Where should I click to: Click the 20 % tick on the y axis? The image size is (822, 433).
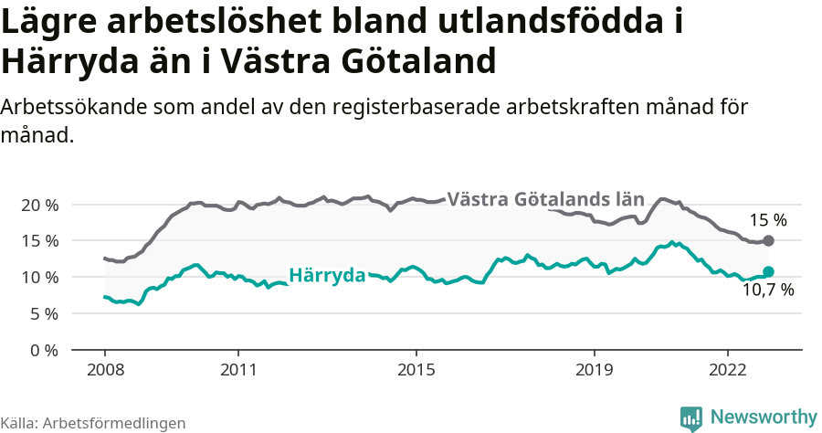pos(38,205)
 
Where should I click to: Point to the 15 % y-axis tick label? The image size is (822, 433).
pos(38,241)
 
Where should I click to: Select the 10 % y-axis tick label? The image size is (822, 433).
pos(38,278)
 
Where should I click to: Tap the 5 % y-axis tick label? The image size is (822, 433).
pos(43,314)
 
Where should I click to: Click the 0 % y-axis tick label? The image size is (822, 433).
pos(43,351)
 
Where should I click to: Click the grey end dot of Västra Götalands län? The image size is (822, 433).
pos(768,240)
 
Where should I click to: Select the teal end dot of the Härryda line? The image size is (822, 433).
pos(768,271)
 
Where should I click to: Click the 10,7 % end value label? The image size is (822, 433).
pos(768,291)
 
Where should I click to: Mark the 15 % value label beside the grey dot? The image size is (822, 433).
pos(768,220)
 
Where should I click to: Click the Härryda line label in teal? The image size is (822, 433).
pos(327,275)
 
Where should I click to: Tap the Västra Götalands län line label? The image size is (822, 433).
pos(547,199)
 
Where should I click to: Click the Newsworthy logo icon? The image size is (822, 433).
pos(691,417)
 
